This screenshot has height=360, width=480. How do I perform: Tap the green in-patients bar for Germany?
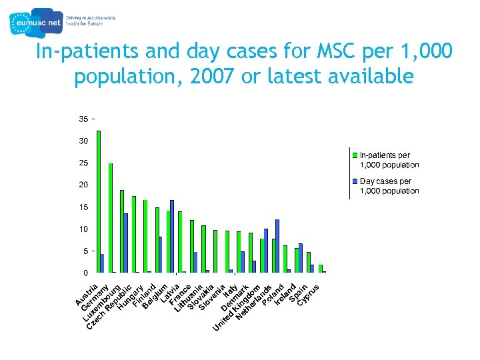(110, 217)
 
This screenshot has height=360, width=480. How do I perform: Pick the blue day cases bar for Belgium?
(172, 236)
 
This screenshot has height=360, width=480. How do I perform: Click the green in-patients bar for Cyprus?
(320, 269)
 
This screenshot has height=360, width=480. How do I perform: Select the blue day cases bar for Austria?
(102, 263)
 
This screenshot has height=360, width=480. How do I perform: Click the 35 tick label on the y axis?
(83, 119)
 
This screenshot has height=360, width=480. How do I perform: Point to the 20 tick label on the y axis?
(83, 185)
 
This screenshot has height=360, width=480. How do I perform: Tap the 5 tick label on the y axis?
(85, 251)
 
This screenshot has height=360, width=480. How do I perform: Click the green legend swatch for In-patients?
(356, 155)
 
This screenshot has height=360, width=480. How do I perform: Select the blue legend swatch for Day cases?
(356, 181)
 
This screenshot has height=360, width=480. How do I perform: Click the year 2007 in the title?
(211, 77)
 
